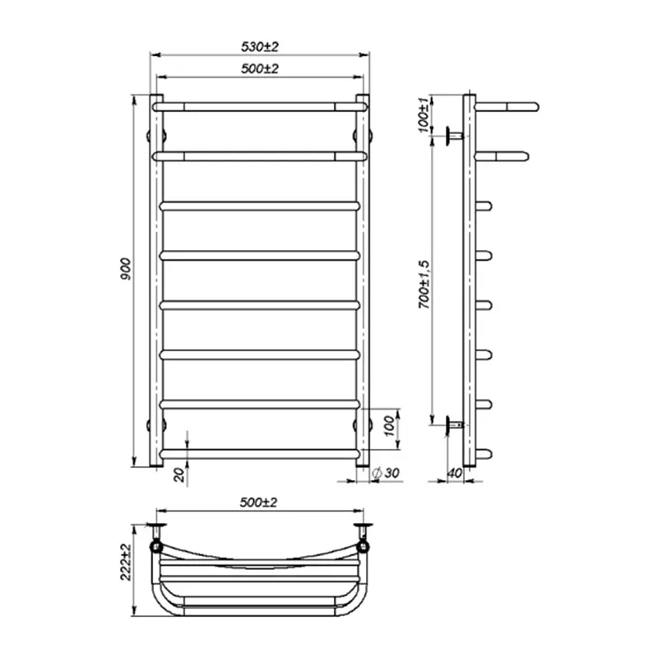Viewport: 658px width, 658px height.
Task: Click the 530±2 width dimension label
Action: pyautogui.click(x=259, y=47)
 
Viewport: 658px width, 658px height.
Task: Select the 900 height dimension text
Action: pyautogui.click(x=126, y=270)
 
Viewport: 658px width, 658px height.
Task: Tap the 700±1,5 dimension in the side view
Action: pyautogui.click(x=424, y=284)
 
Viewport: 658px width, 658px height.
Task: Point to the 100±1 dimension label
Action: pyautogui.click(x=424, y=114)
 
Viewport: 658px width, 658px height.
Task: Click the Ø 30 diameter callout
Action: pyautogui.click(x=385, y=473)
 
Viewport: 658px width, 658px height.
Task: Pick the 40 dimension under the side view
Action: pyautogui.click(x=455, y=473)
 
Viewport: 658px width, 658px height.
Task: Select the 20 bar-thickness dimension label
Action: pyautogui.click(x=179, y=475)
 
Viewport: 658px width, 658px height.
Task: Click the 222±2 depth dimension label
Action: pyautogui.click(x=126, y=562)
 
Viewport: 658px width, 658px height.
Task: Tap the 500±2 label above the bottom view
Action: pyautogui.click(x=258, y=502)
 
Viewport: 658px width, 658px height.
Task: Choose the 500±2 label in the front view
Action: pyautogui.click(x=259, y=68)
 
